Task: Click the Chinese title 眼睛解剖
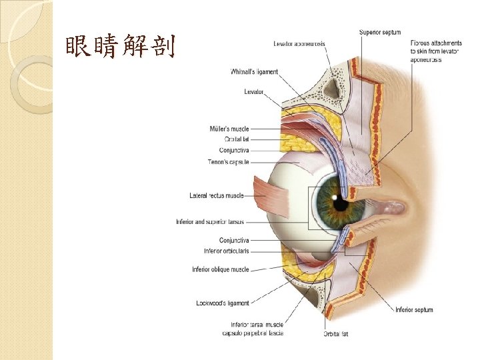click(x=120, y=47)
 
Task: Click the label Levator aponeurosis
click(x=299, y=44)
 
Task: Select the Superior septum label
click(x=380, y=32)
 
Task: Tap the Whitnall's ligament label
click(x=254, y=71)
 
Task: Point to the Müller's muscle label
click(x=229, y=129)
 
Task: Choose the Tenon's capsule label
click(x=229, y=161)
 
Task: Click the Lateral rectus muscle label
click(x=216, y=196)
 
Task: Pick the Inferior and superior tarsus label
click(x=209, y=221)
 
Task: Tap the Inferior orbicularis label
click(x=226, y=251)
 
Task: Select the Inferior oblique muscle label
click(x=220, y=269)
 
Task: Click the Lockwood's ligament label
click(x=223, y=303)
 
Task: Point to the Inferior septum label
click(x=414, y=309)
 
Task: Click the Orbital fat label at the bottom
click(x=336, y=333)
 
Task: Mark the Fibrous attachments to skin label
click(x=436, y=51)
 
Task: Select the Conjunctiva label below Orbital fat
click(x=234, y=150)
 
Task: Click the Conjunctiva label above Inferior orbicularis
click(x=234, y=240)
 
